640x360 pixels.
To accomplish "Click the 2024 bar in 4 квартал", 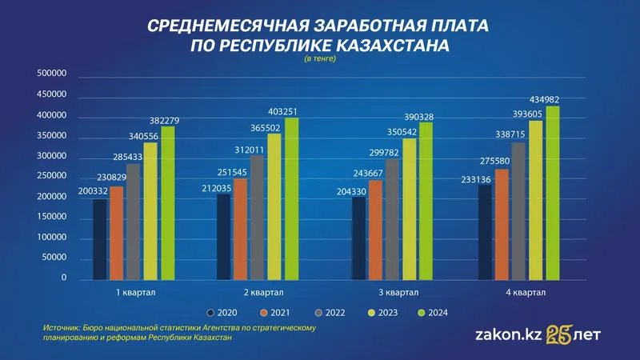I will (x=553, y=192).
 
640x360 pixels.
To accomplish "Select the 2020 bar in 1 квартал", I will (x=99, y=239).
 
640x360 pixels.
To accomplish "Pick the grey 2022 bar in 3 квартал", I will (x=392, y=219).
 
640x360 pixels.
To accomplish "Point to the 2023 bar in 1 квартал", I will (x=150, y=211).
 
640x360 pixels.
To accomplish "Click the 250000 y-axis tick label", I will (x=51, y=177).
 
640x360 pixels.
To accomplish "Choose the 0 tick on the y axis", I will (x=62, y=278).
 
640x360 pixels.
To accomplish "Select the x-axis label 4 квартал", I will (x=526, y=293).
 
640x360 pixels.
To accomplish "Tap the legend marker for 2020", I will (x=210, y=312).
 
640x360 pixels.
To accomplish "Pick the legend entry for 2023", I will (x=377, y=312).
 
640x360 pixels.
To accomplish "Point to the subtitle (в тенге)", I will (x=321, y=60).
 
